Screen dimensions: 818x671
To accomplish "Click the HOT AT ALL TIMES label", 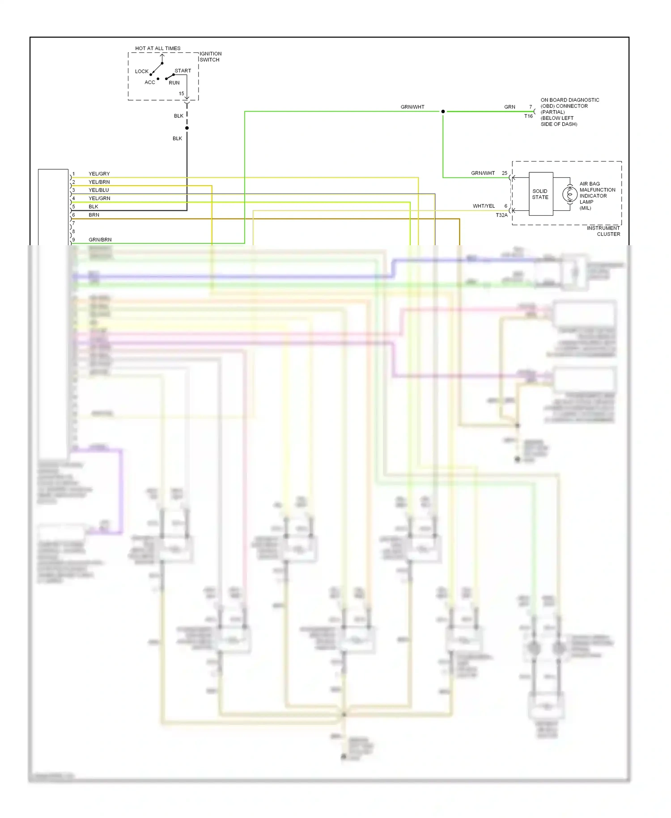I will click(x=157, y=48).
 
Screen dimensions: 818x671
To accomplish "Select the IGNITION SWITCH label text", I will click(x=210, y=56).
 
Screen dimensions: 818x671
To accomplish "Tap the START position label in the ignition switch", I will click(x=183, y=71).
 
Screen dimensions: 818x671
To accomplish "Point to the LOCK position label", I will click(x=141, y=71).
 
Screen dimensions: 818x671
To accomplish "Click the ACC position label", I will click(x=149, y=82).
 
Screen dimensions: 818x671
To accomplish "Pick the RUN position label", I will click(x=174, y=83).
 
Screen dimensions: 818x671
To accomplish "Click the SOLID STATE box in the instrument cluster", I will click(x=540, y=194).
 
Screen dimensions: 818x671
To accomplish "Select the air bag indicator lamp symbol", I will click(x=569, y=194).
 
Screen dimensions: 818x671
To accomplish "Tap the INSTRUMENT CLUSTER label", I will click(x=603, y=231).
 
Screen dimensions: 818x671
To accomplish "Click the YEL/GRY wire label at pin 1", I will click(x=99, y=174).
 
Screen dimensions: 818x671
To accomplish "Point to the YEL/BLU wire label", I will click(x=98, y=190).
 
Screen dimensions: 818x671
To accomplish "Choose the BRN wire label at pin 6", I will click(x=94, y=215).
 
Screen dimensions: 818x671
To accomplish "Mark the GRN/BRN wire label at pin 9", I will click(x=100, y=240).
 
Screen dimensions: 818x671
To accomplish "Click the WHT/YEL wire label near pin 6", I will click(x=484, y=206).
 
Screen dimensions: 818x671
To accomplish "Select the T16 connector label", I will click(x=528, y=116).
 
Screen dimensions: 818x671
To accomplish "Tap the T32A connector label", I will click(x=501, y=215).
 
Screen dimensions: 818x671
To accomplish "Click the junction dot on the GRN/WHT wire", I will click(x=443, y=111).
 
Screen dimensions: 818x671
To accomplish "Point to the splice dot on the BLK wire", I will click(x=187, y=128).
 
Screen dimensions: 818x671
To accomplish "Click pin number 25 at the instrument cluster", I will click(x=504, y=173).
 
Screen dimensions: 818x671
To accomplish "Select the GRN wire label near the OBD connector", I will click(x=510, y=107).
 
